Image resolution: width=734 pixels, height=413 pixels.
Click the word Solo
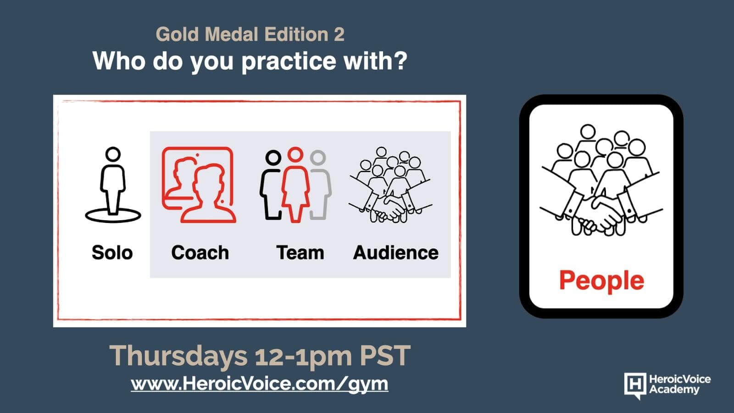click(112, 253)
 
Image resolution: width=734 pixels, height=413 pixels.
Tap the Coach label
click(200, 253)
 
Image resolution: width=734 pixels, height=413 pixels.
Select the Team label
click(300, 253)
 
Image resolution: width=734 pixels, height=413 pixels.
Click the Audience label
click(395, 253)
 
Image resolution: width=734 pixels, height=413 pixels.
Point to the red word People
click(601, 281)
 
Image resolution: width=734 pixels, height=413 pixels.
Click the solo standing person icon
click(113, 185)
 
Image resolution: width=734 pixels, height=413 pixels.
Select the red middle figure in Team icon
click(295, 185)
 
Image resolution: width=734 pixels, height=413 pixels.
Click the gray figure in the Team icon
click(319, 185)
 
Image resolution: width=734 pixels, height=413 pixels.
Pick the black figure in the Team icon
click(271, 185)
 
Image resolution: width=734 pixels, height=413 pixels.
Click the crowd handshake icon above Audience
click(390, 185)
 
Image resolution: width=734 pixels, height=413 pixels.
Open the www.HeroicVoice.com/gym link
click(260, 384)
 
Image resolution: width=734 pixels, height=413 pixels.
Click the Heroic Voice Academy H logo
click(635, 385)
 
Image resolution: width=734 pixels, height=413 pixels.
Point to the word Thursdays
click(178, 356)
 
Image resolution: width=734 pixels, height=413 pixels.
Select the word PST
click(385, 355)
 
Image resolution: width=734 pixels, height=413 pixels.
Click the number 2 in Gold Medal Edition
click(339, 34)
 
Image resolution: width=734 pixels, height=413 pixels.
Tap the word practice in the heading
click(289, 61)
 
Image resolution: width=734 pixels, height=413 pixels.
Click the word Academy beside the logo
click(674, 390)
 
